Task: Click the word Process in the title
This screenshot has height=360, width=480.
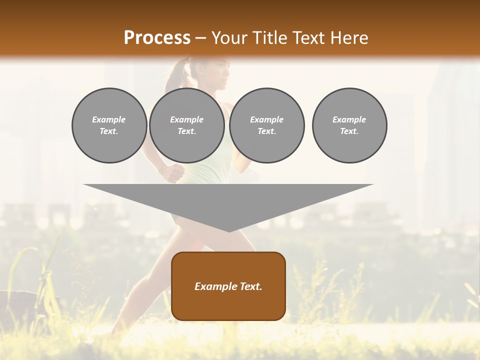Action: tap(157, 38)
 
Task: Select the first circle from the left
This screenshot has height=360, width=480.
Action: tap(109, 125)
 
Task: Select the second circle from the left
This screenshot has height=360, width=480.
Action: tap(187, 125)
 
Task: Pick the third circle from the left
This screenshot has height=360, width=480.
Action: tap(266, 125)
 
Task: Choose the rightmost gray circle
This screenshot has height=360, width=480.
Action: tap(349, 125)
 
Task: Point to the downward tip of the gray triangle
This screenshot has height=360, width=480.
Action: tap(229, 230)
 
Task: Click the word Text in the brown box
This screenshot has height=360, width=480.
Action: tap(251, 286)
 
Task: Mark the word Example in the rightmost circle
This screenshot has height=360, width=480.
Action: tap(349, 119)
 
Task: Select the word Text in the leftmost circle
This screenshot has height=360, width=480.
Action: tap(108, 131)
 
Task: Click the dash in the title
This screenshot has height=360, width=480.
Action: tap(200, 38)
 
